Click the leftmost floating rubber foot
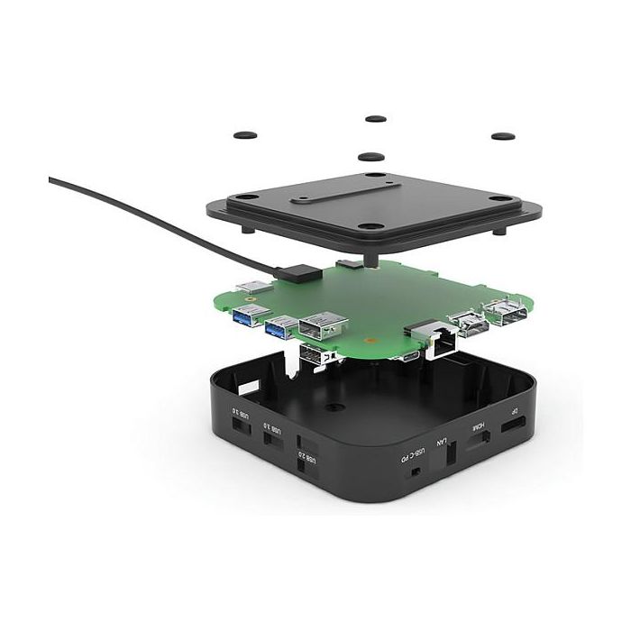[x=243, y=135]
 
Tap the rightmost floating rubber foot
[x=502, y=136]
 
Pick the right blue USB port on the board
[x=280, y=325]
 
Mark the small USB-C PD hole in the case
[x=416, y=471]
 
